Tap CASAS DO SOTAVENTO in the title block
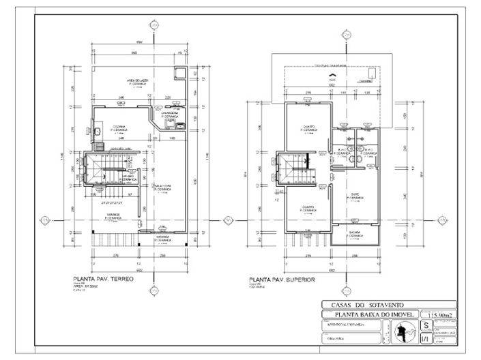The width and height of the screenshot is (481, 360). click(x=368, y=305)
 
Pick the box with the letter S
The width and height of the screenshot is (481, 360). click(x=426, y=326)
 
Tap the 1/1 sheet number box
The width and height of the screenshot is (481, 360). click(x=426, y=337)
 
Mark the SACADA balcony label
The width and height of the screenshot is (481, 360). click(x=355, y=233)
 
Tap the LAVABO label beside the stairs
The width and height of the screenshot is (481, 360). click(x=129, y=178)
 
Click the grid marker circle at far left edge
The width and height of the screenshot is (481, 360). click(x=44, y=220)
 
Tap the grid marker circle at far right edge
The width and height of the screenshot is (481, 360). click(x=441, y=220)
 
